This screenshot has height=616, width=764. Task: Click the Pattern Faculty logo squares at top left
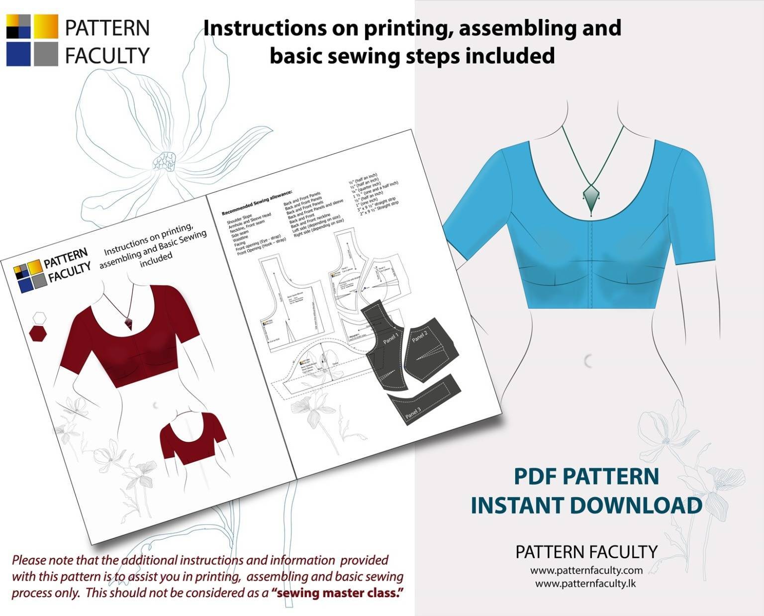(32, 40)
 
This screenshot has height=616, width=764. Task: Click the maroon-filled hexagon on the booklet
(37, 333)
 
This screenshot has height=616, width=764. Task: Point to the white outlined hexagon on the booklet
(38, 317)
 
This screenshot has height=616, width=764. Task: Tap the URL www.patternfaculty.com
(586, 570)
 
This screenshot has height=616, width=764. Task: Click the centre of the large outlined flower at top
(164, 162)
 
